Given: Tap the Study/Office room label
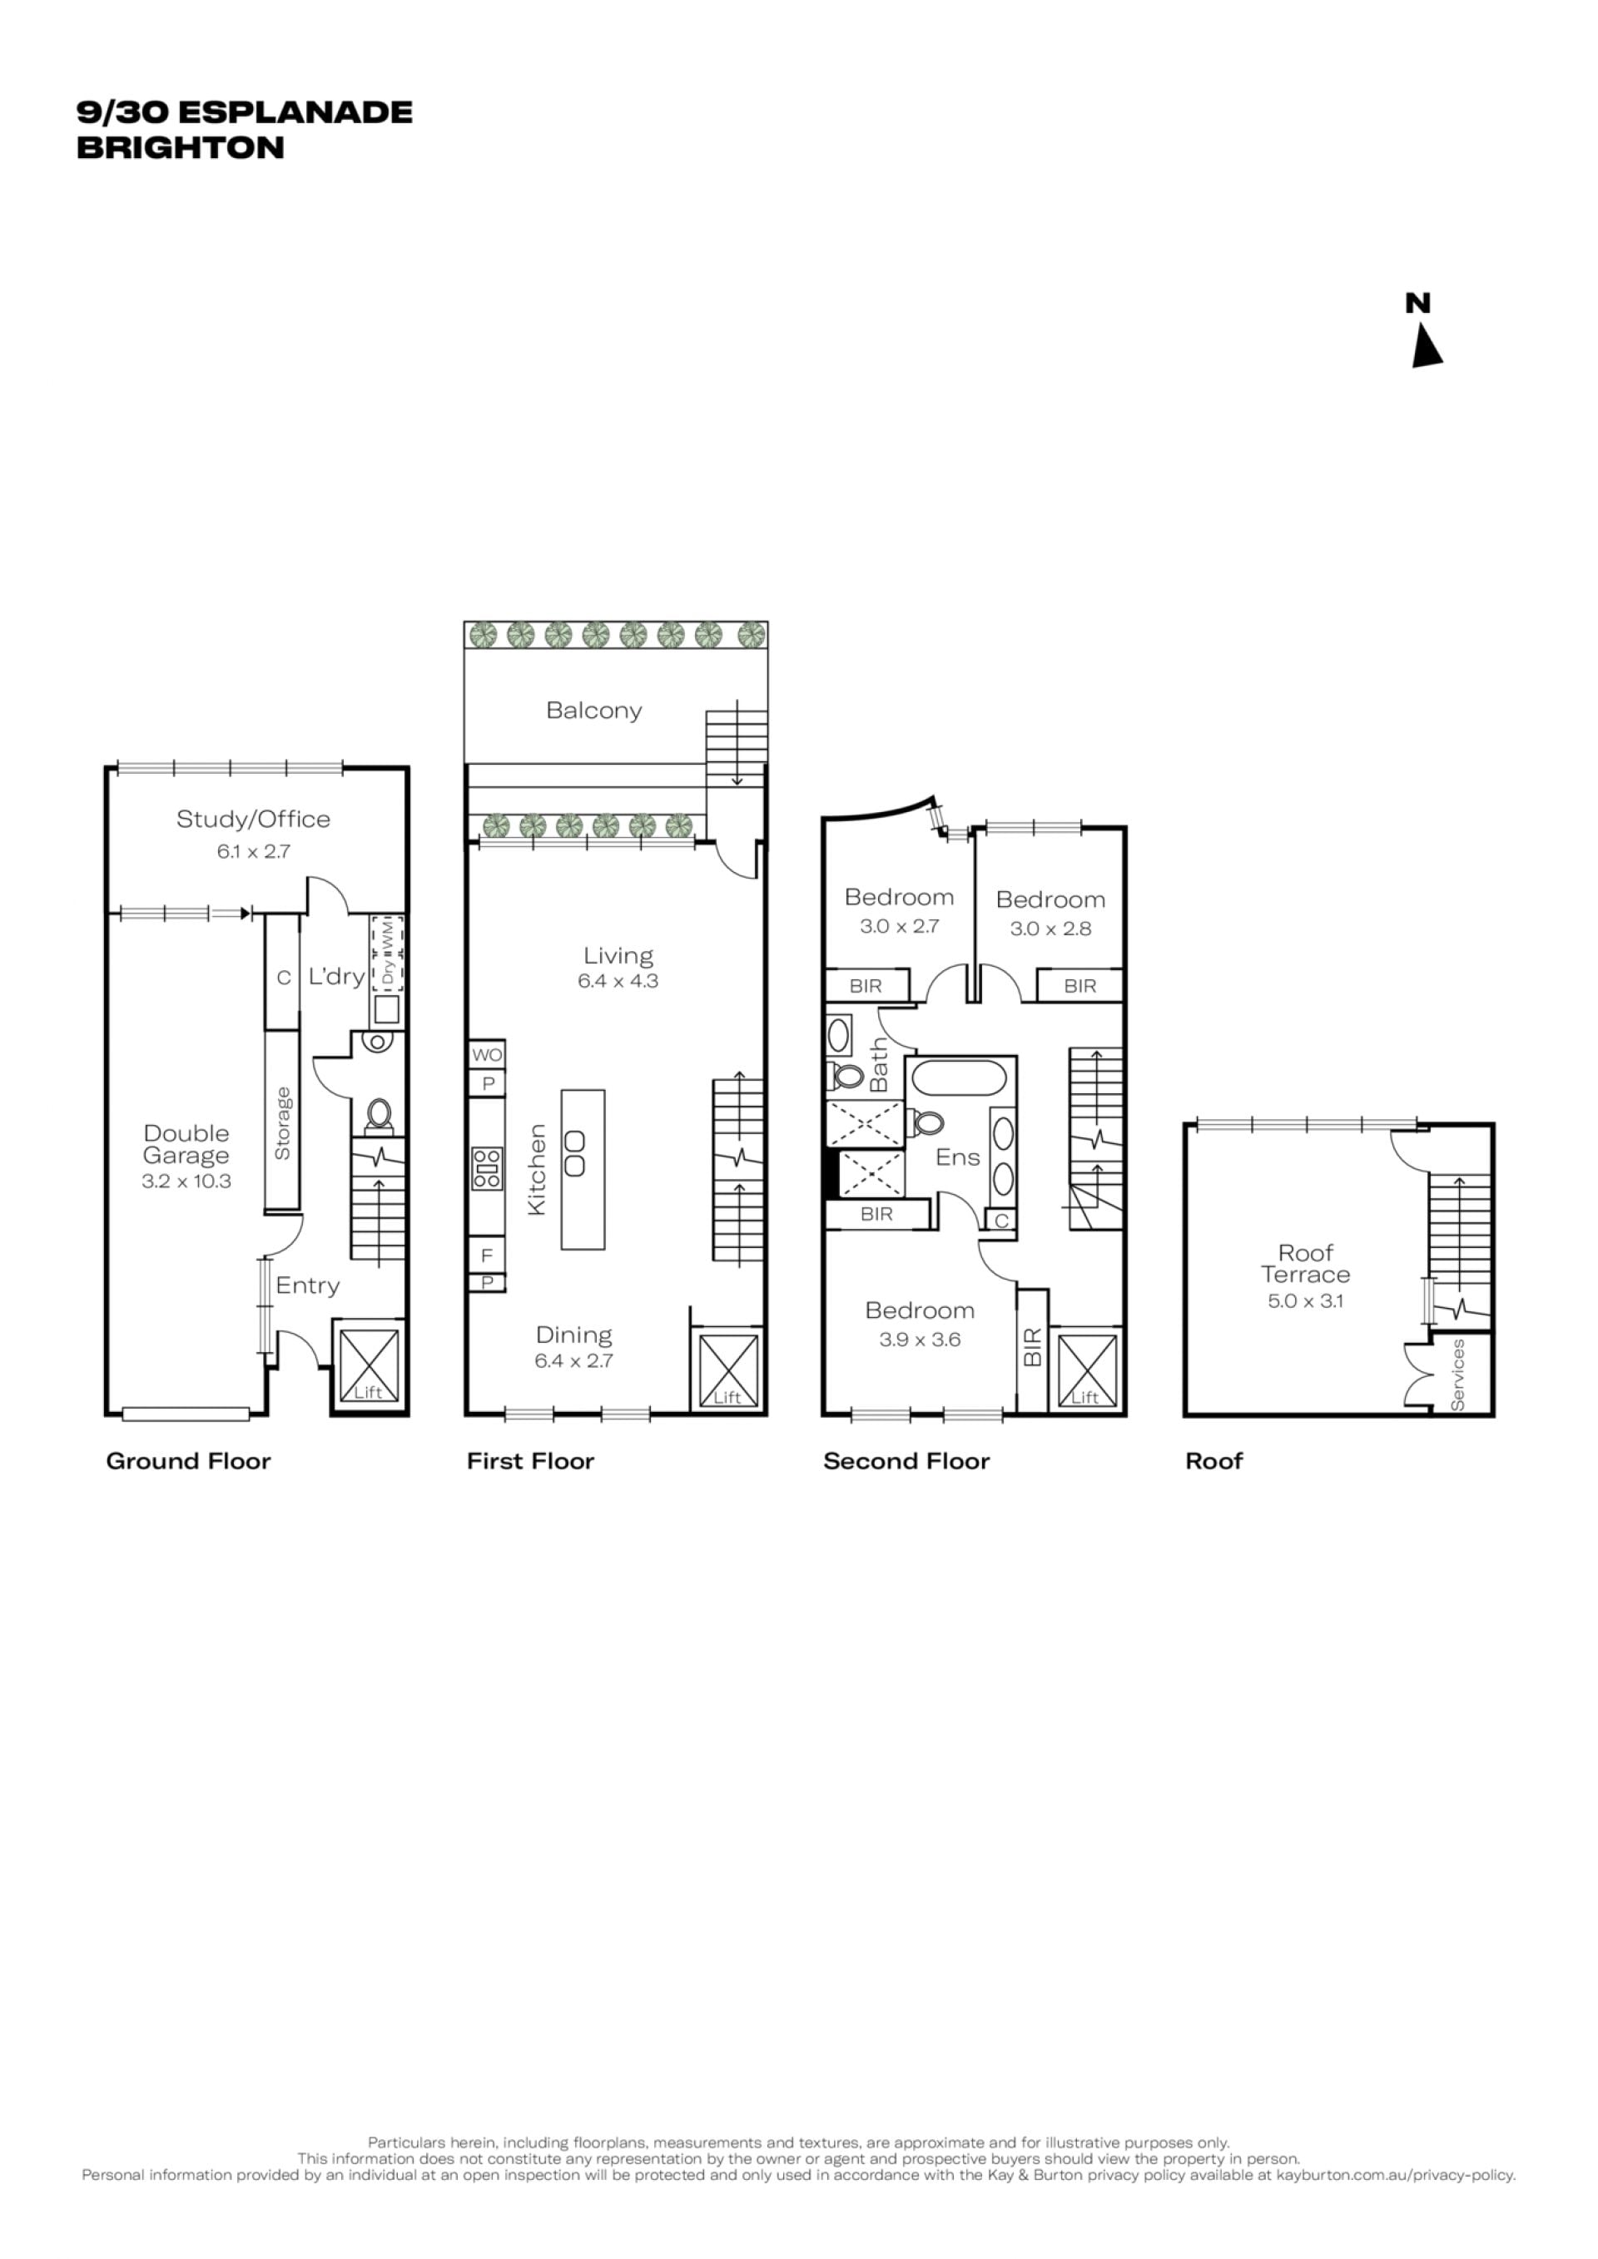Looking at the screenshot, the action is tap(253, 819).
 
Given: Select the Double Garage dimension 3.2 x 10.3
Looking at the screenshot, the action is tap(186, 1181).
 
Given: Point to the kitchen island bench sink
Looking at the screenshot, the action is tap(574, 1154).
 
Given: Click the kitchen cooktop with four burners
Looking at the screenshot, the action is tap(487, 1169).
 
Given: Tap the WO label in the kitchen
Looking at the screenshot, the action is tap(487, 1055).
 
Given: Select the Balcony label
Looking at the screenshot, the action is tap(594, 711).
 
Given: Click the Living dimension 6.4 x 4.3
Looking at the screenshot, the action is tap(618, 981).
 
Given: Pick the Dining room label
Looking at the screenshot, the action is tap(573, 1335).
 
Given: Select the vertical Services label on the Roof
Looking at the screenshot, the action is tap(1458, 1375).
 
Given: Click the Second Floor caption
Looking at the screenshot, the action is tap(906, 1461).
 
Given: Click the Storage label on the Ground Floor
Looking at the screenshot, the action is tap(282, 1122).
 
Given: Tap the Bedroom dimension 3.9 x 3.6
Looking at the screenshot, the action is tap(920, 1339).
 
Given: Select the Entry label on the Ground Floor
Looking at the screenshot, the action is tap(308, 1286).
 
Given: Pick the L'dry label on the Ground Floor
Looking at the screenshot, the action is tap(336, 976).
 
